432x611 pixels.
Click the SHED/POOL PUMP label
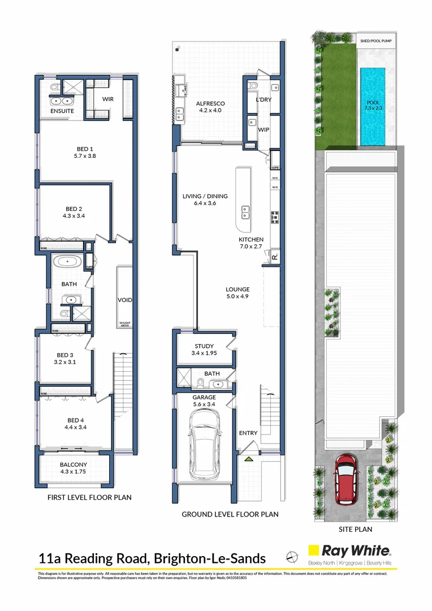point(375,41)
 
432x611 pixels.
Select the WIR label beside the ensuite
point(108,99)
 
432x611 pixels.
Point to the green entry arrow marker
point(247,461)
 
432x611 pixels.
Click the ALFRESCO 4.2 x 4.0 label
point(210,107)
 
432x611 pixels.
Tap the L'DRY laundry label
point(263,100)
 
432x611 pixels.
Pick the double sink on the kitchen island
point(246,212)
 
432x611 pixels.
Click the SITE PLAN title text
point(355,530)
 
